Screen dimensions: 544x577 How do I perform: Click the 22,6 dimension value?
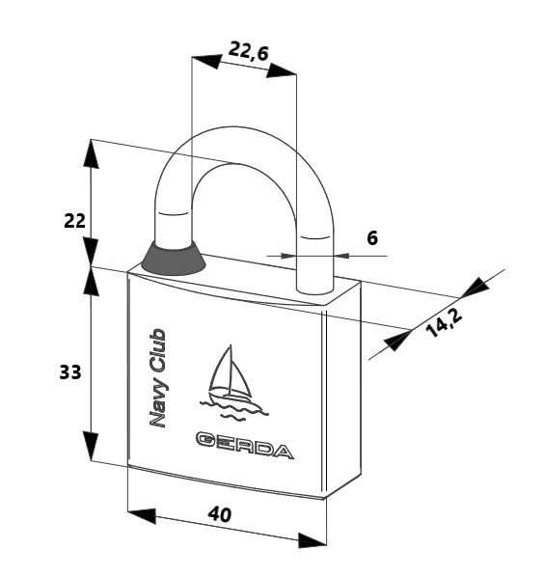pos(248,51)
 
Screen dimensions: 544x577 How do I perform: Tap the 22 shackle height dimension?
pos(74,221)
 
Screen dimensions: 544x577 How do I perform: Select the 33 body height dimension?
pos(70,372)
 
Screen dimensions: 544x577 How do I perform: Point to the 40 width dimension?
pos(220,514)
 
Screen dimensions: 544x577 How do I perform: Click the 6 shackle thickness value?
pos(372,238)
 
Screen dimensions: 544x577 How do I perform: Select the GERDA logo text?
pos(245,445)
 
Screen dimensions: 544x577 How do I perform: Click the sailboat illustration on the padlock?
pos(231,383)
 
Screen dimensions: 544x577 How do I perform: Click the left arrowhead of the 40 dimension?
pos(142,515)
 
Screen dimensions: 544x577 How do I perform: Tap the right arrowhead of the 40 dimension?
pos(312,540)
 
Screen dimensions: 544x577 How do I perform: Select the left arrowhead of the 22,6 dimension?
pos(206,61)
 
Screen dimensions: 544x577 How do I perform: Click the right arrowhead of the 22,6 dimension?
pos(281,70)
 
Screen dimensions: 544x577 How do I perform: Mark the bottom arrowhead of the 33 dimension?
pos(91,446)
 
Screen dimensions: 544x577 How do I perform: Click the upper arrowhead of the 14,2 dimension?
pos(476,287)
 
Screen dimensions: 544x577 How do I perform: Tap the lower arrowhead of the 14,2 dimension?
pos(397,341)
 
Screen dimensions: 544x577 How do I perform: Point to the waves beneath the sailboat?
pos(234,409)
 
